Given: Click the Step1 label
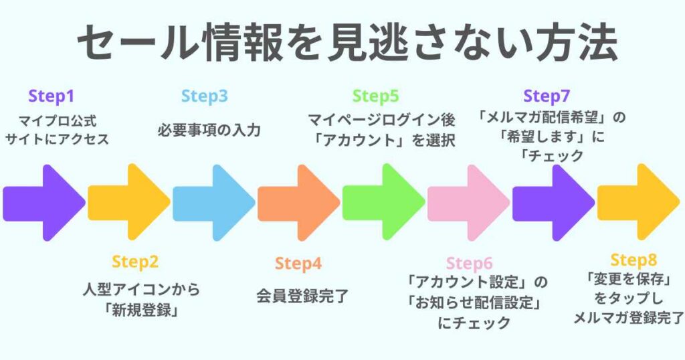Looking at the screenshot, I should (x=52, y=97).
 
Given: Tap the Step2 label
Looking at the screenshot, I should (x=135, y=262).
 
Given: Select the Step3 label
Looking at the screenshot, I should (x=204, y=97).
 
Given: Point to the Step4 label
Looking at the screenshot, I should (x=298, y=264).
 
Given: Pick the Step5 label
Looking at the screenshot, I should (x=375, y=97).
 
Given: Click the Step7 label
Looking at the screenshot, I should (x=547, y=97).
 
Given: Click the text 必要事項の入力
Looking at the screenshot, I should (x=209, y=130).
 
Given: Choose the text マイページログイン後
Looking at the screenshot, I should (x=381, y=121).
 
